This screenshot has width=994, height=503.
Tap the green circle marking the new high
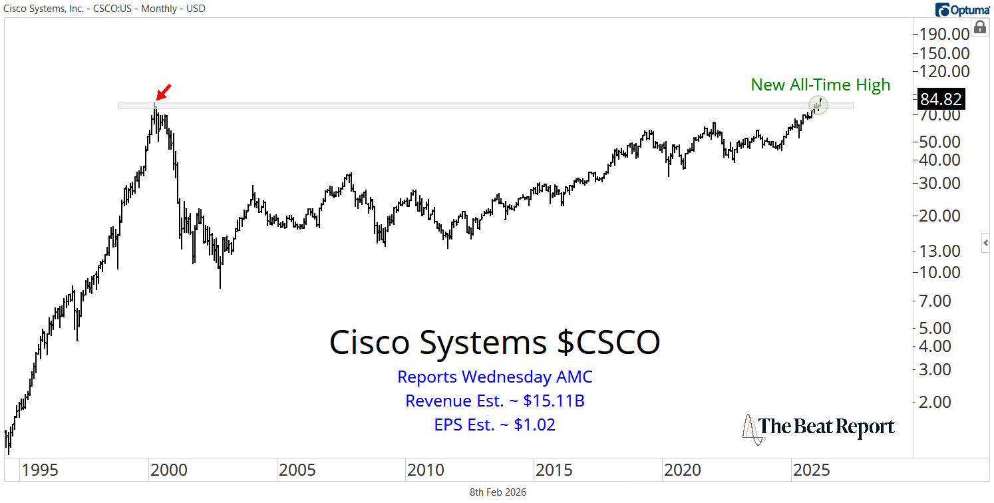coord(818,104)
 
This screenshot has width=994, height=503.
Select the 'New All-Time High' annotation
coord(820,85)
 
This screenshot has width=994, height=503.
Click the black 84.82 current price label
coord(940,99)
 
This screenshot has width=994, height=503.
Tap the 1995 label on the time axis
coord(40,470)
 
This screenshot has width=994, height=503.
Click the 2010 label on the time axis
coord(426,470)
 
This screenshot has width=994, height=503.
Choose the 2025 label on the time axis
coord(811,470)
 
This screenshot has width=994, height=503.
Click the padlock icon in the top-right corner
coord(979,27)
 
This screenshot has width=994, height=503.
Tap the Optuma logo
coord(963,9)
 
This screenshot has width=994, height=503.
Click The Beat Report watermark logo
coord(818,427)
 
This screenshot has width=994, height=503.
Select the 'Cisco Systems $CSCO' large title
coord(494,342)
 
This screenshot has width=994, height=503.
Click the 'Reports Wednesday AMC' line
coord(494,377)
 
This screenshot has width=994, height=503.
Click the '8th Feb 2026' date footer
coord(498,492)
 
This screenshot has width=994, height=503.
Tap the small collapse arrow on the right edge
coord(985,244)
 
